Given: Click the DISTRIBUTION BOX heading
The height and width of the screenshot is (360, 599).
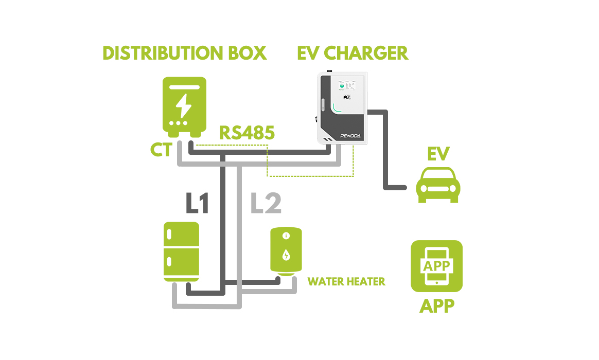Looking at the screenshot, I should tap(185, 53).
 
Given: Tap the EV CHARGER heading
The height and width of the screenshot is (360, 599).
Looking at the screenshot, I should tap(353, 53).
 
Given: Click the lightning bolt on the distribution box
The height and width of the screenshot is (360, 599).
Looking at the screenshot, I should tap(184, 105).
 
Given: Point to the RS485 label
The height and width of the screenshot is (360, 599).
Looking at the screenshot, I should tap(247, 133).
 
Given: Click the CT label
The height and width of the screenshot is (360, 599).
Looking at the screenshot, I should tap(161, 150).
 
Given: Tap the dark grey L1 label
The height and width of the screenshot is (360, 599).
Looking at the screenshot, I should tap(197, 204).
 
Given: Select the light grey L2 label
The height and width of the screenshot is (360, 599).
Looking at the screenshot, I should tap(266, 204).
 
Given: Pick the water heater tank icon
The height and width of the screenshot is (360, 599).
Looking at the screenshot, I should tap(286, 250).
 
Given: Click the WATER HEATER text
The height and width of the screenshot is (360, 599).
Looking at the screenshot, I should tap(346, 281).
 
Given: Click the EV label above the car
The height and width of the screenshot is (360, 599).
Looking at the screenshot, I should tap(438, 154).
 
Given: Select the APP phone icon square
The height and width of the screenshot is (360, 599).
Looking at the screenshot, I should tap(436, 266).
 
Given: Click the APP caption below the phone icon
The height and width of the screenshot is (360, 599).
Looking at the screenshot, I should tap(436, 305).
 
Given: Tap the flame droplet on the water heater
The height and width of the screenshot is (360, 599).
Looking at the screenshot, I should tap(286, 255).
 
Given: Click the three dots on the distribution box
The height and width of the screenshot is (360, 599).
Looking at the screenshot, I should tap(179, 124).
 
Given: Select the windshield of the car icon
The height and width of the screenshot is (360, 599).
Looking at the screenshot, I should tap(438, 177).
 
